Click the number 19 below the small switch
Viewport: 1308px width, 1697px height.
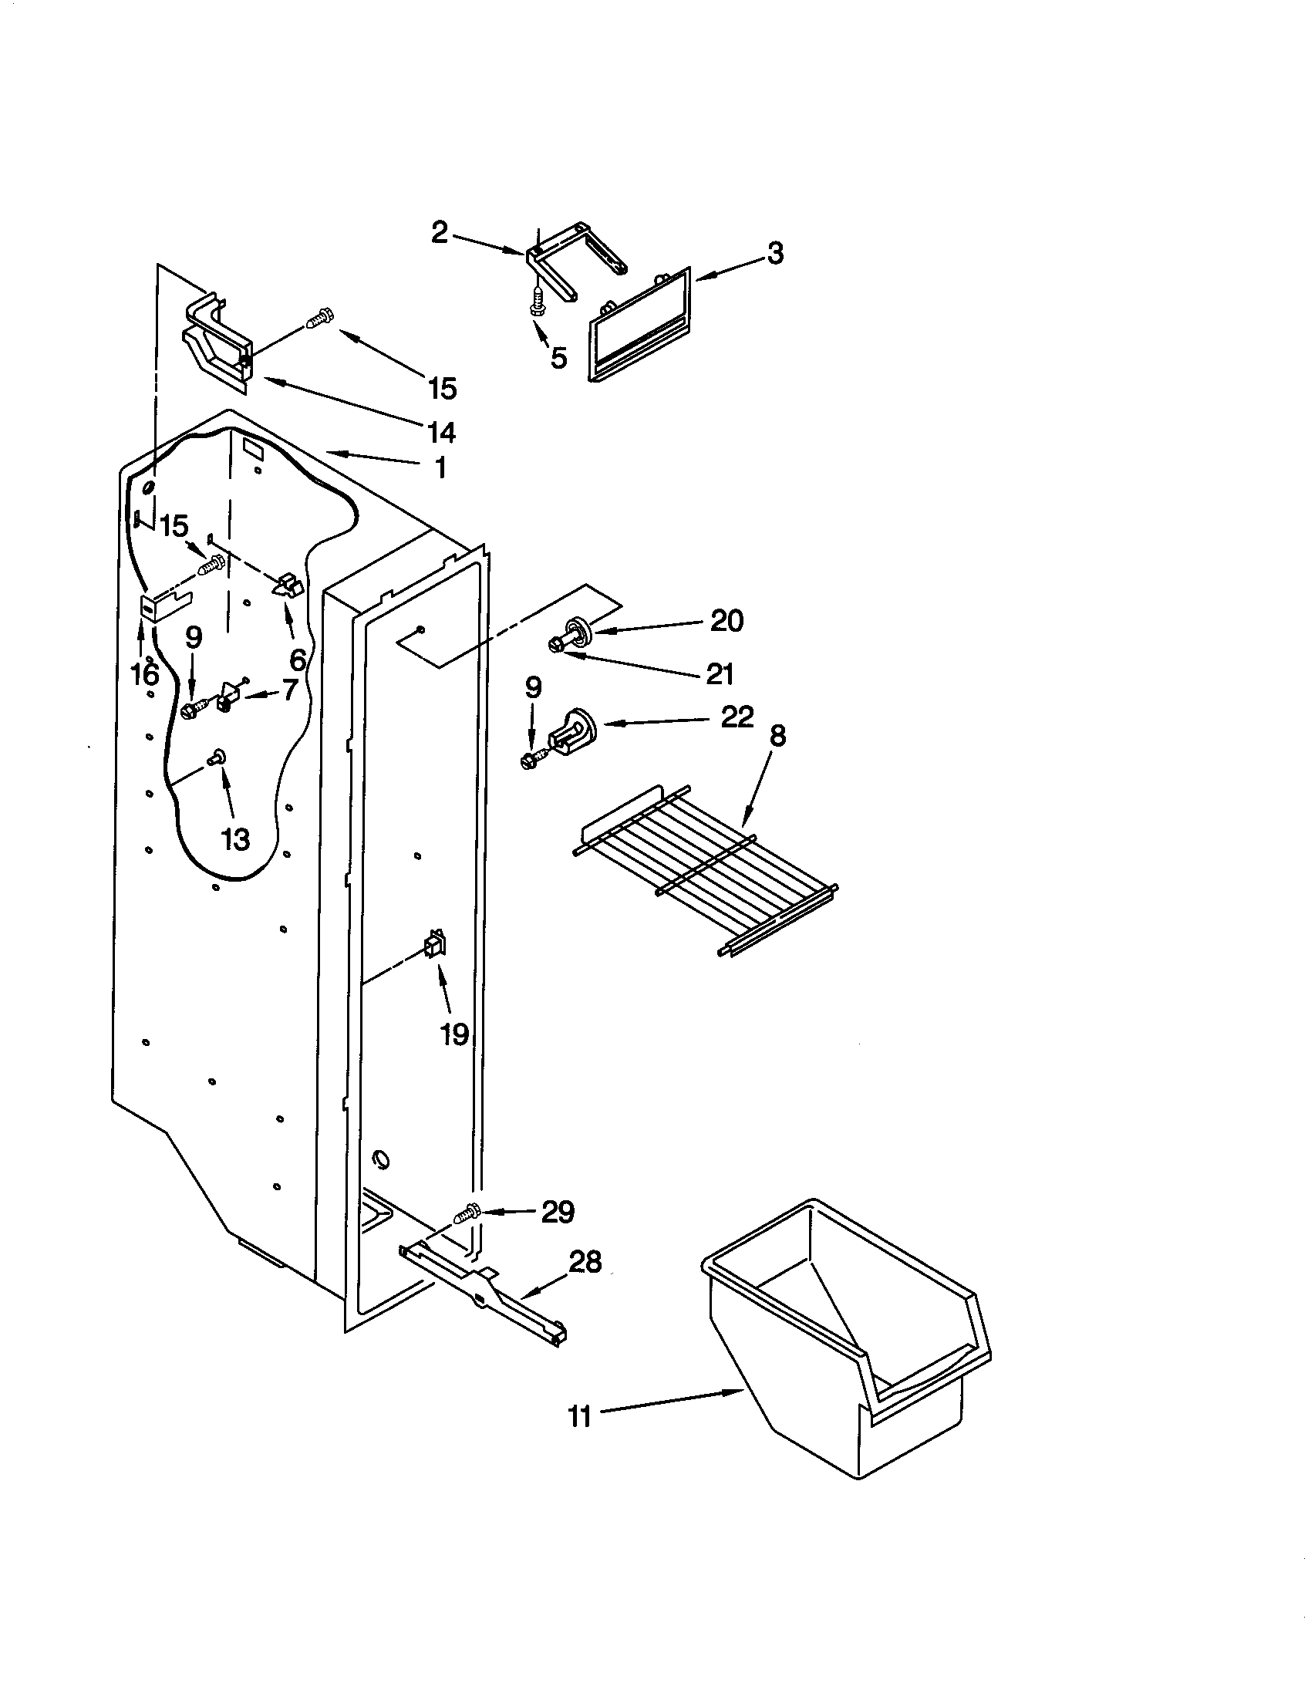(454, 1034)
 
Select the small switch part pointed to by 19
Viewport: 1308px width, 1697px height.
(435, 946)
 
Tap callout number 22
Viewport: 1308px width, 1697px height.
(737, 716)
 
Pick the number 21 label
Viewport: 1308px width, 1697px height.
(720, 673)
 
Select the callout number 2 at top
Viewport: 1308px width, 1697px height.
(440, 232)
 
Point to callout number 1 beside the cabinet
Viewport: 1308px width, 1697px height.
(440, 467)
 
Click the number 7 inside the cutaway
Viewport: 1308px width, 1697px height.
(289, 689)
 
